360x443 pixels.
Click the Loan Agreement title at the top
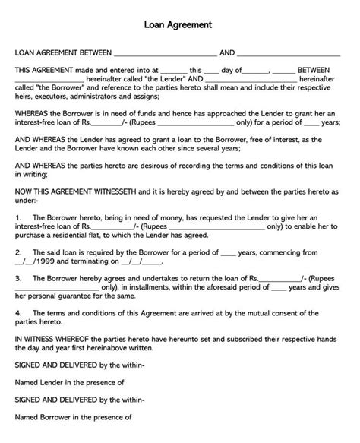coord(179,24)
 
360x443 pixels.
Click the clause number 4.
coord(17,315)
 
